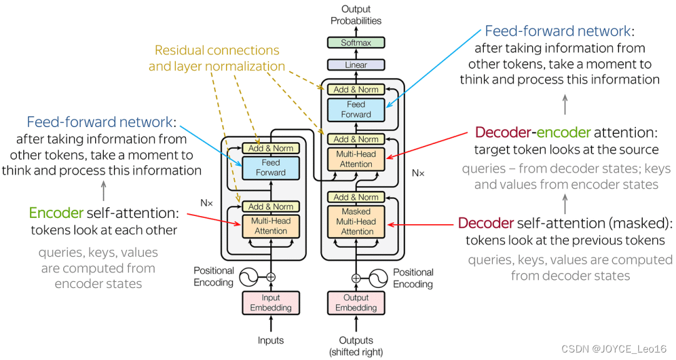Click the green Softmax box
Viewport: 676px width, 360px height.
356,43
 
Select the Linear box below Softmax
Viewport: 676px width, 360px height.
356,64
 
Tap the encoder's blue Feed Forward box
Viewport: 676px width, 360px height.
270,167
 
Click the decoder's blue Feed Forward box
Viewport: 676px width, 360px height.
356,110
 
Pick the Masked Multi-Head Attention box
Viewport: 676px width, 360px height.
356,222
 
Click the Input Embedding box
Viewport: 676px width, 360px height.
270,302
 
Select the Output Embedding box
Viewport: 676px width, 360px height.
356,302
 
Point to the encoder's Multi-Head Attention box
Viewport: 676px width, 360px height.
270,226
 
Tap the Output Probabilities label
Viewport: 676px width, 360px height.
356,15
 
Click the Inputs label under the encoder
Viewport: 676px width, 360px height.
270,341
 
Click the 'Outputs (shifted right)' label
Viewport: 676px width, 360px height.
356,346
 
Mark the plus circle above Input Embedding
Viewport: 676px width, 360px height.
270,277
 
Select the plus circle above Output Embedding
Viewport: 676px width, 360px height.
356,277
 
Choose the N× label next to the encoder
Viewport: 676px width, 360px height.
207,203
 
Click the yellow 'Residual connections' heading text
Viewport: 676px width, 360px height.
217,51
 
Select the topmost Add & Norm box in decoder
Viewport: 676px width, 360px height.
356,90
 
